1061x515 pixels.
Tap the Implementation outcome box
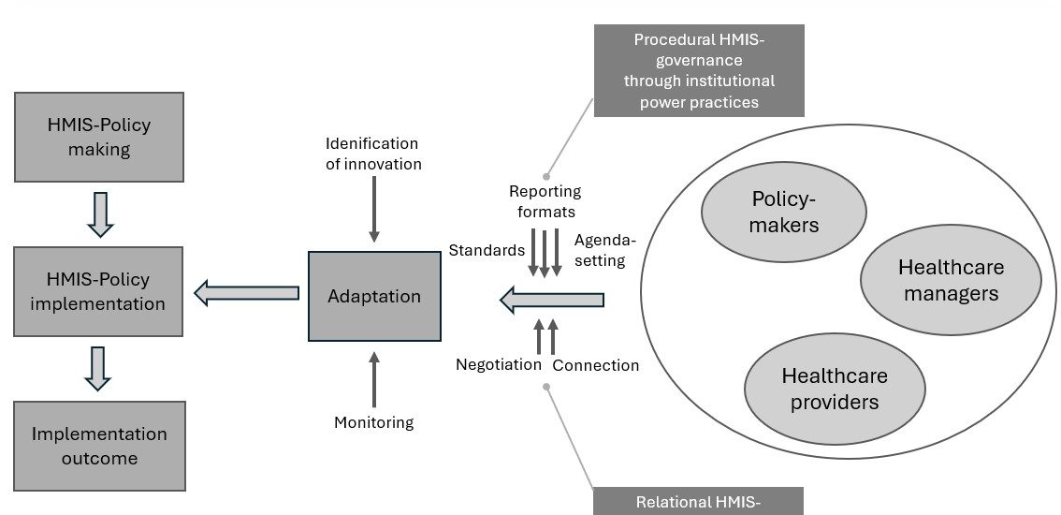(99, 446)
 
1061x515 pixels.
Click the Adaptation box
(374, 297)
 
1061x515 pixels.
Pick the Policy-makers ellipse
(785, 213)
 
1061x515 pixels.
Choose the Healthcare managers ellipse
(951, 280)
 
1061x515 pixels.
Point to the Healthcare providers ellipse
(835, 389)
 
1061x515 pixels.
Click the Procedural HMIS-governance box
(699, 70)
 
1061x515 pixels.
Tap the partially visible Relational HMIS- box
(698, 501)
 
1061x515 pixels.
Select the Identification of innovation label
(372, 154)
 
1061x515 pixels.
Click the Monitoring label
(373, 422)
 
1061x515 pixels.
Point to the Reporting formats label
(545, 201)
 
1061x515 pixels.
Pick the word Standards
(487, 251)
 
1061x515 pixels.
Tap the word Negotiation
(499, 364)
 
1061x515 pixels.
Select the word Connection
(596, 365)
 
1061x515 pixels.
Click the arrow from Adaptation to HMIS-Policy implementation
(246, 293)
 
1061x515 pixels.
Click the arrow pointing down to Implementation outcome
(97, 367)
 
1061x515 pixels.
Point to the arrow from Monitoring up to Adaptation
(374, 379)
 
